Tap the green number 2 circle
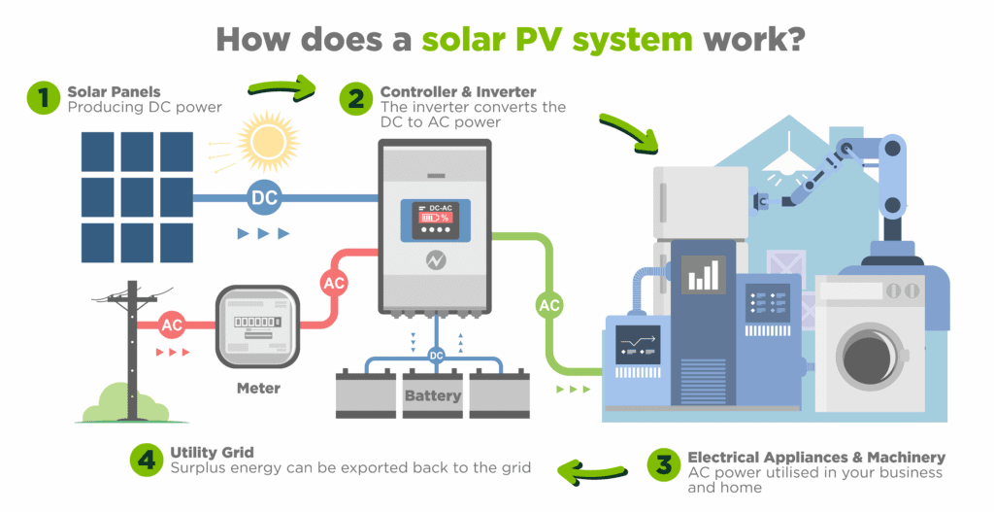click(x=356, y=98)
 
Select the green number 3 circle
click(x=663, y=463)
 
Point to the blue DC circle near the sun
click(x=264, y=198)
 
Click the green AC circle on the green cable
click(x=549, y=305)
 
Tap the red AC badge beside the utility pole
click(x=172, y=324)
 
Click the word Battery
click(x=433, y=395)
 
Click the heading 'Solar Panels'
click(x=113, y=91)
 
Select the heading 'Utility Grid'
click(x=212, y=452)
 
